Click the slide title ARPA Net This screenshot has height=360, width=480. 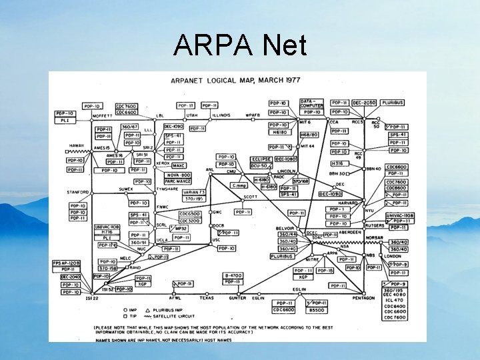(240, 46)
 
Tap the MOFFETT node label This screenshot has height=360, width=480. (103, 115)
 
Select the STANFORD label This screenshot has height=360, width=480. (77, 192)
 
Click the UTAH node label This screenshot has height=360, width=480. (192, 115)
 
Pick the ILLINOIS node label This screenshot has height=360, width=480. (221, 115)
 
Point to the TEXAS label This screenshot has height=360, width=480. (206, 298)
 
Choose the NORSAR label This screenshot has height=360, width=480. (375, 237)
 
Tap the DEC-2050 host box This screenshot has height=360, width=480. (364, 103)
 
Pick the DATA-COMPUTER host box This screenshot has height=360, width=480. (311, 104)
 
